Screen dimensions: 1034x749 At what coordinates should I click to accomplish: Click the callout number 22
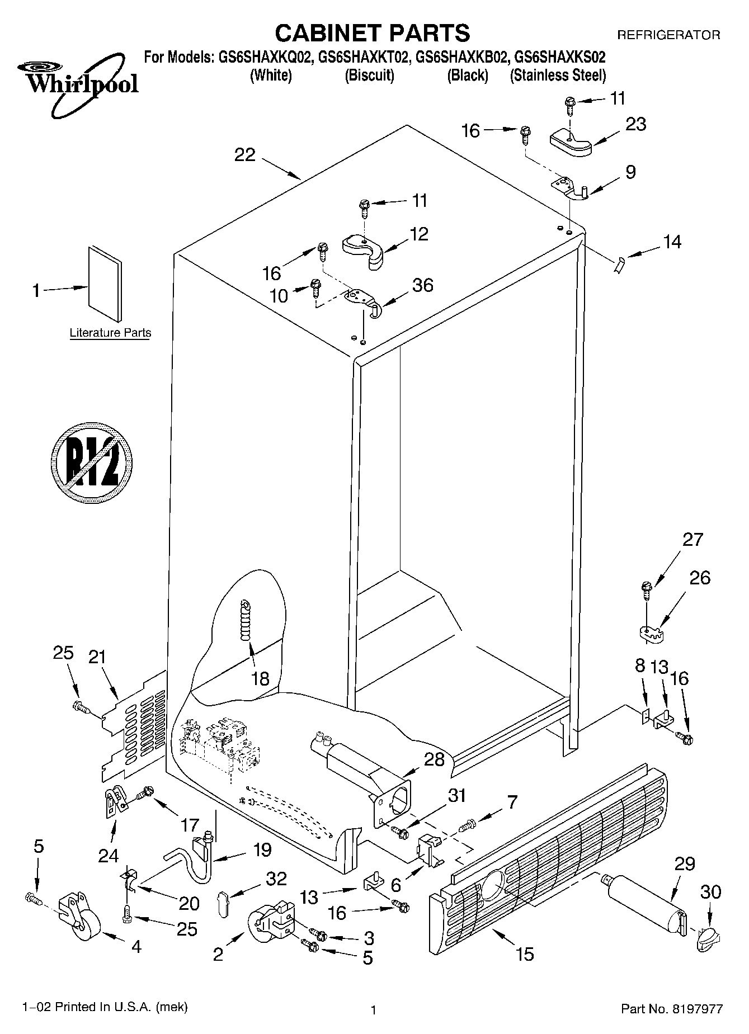click(x=244, y=155)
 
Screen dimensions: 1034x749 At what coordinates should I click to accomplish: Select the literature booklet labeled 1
click(x=104, y=284)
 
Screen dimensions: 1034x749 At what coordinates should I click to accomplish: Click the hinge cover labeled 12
click(x=364, y=249)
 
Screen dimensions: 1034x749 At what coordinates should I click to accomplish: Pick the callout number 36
click(x=422, y=285)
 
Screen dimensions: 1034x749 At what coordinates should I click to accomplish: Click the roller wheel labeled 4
click(x=79, y=914)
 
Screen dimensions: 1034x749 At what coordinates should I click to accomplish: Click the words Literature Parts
click(x=110, y=333)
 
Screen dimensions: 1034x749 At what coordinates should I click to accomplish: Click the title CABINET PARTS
click(x=373, y=33)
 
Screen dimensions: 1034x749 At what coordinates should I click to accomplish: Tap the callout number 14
click(x=672, y=242)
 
